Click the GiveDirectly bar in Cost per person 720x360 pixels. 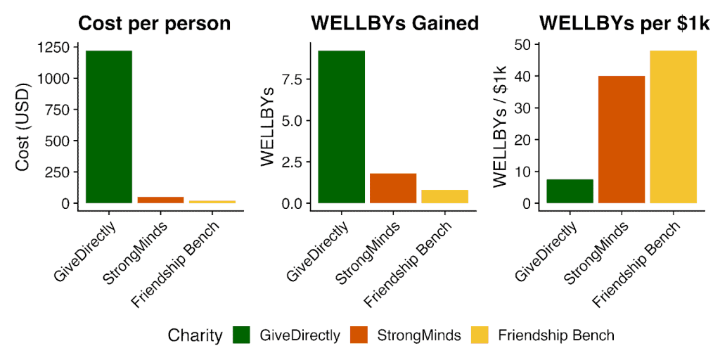108,127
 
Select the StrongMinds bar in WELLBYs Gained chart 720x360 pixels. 393,188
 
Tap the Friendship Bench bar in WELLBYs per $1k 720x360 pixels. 673,127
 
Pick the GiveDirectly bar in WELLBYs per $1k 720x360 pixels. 570,191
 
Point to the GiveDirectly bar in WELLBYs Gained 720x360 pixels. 341,127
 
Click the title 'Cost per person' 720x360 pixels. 154,23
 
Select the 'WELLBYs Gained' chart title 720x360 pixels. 394,23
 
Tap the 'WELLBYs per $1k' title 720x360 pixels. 624,23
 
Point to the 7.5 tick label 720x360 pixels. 290,79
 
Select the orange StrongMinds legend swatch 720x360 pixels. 361,335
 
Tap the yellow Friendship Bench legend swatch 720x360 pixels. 481,335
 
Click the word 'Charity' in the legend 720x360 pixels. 195,335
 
